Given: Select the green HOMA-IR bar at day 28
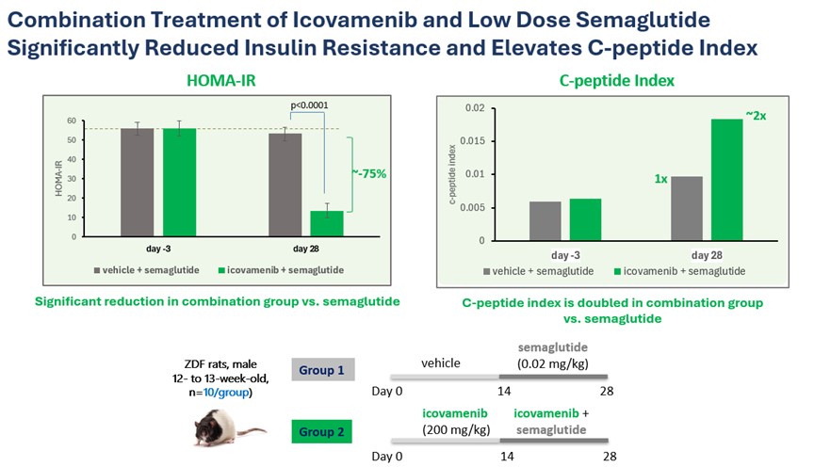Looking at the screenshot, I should (328, 224).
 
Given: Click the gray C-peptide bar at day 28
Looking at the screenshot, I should (688, 208).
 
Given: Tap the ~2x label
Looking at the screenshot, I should (757, 114).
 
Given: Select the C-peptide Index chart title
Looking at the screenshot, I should (611, 81).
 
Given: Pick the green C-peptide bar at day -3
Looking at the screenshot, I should (584, 219).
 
